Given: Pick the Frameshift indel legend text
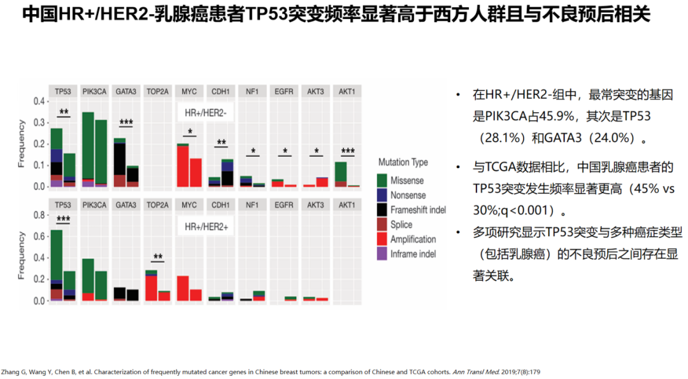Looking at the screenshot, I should pyautogui.click(x=418, y=210).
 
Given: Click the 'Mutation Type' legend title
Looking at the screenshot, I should pyautogui.click(x=403, y=162).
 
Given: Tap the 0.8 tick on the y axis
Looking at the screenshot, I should pyautogui.click(x=39, y=215).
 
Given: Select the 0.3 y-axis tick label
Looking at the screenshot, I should pyautogui.click(x=39, y=123).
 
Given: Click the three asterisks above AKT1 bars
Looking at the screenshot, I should pyautogui.click(x=347, y=152).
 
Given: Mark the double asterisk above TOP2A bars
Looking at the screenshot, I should pyautogui.click(x=158, y=258).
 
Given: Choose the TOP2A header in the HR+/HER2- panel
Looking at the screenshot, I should pyautogui.click(x=157, y=92).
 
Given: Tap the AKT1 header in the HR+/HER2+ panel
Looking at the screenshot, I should pyautogui.click(x=347, y=205).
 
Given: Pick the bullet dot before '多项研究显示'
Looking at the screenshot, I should pyautogui.click(x=458, y=231).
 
